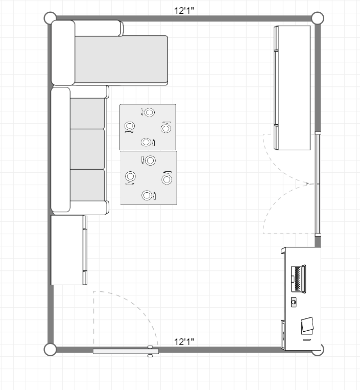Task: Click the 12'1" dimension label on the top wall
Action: (184, 11)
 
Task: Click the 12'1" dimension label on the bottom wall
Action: (184, 342)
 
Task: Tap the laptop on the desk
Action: (298, 279)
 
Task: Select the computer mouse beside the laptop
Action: (294, 302)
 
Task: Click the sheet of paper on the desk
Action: (307, 325)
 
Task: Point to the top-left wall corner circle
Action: (50, 18)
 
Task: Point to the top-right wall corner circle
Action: (318, 18)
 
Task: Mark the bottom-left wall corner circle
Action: (50, 350)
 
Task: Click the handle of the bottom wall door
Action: (150, 351)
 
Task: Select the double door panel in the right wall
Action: (318, 184)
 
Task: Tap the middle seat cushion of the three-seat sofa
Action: (87, 149)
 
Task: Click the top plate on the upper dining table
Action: (150, 112)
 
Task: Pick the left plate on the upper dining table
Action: (130, 126)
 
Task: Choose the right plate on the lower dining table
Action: (166, 179)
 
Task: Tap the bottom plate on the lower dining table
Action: (147, 195)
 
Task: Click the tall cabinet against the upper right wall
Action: (292, 88)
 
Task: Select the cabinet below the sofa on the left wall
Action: (69, 250)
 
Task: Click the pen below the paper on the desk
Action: (306, 339)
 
